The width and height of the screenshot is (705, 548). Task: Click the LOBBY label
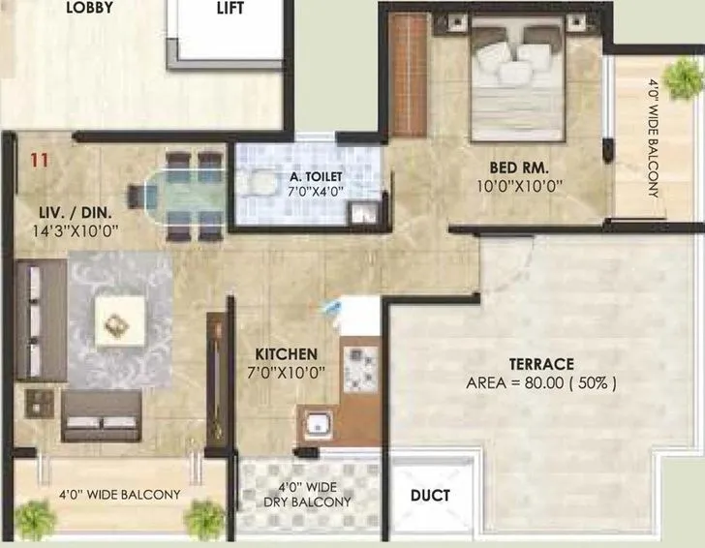89,8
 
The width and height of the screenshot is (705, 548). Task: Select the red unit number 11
39,161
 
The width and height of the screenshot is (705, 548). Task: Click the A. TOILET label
307,177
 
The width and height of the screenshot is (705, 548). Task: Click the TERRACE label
541,364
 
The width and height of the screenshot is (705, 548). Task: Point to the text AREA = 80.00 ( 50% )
541,382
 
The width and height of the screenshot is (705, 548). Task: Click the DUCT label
431,496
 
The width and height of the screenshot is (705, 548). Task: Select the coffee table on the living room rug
120,321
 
